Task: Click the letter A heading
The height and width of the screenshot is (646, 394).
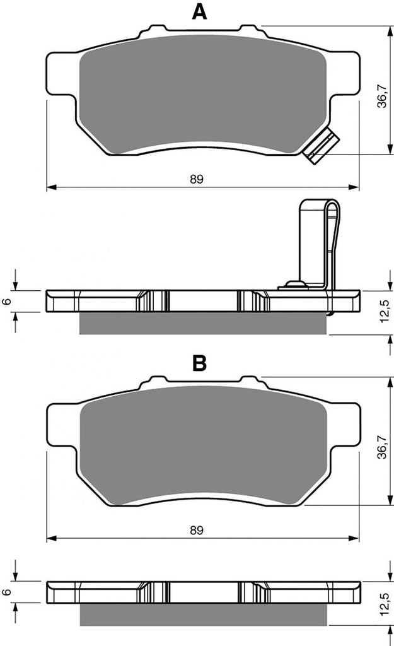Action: click(199, 12)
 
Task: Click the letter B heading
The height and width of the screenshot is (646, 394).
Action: click(199, 363)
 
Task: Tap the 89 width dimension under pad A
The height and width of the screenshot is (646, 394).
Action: click(197, 179)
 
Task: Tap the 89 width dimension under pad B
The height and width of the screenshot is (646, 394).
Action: click(197, 530)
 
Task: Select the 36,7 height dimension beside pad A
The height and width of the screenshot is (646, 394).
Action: click(383, 96)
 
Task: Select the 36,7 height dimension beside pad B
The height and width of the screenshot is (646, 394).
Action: click(383, 447)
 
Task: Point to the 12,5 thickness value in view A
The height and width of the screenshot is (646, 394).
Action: click(383, 311)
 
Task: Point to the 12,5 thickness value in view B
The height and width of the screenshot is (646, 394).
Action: click(383, 604)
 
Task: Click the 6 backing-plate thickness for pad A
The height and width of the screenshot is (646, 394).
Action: click(6, 301)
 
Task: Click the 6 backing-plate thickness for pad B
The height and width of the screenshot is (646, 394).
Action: click(6, 592)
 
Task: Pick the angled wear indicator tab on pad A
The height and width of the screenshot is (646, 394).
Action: click(321, 146)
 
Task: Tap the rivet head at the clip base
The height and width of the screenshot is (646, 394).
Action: click(294, 284)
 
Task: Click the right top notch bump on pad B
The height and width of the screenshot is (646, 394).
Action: click(250, 379)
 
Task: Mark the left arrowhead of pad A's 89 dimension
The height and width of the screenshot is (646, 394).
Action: click(51, 187)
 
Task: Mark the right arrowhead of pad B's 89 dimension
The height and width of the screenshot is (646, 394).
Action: click(354, 538)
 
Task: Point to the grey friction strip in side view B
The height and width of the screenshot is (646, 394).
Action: click(204, 614)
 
